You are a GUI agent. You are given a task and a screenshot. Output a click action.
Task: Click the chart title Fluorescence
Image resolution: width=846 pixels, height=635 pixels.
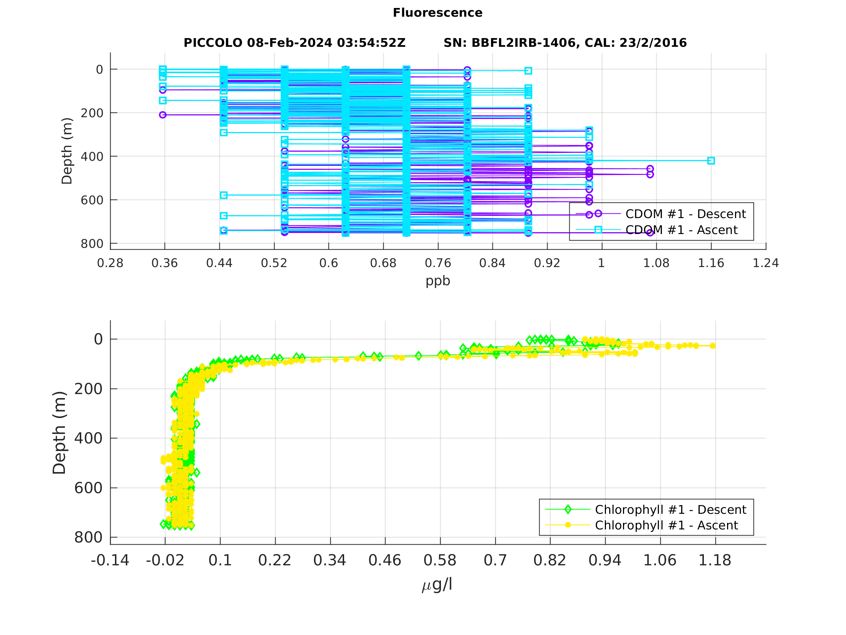point(438,13)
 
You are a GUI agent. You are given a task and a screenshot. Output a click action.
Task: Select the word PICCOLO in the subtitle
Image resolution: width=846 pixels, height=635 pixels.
point(212,43)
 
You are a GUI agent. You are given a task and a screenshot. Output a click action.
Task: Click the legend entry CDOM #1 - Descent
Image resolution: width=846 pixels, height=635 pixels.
point(685,214)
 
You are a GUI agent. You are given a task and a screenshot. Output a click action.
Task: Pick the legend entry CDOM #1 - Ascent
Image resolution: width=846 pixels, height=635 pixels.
point(681,230)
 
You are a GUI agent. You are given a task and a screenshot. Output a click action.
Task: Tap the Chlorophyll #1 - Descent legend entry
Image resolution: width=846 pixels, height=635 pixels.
point(670,510)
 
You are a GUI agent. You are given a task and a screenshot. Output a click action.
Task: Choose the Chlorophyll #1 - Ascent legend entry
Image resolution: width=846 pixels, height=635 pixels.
point(666,525)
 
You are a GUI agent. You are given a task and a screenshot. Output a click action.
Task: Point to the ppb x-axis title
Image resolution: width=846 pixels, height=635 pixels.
point(438,281)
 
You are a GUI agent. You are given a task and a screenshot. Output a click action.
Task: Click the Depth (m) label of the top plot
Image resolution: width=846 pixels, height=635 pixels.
point(67,151)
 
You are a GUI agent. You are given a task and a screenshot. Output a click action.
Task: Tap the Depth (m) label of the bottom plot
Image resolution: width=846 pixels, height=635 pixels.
point(59,433)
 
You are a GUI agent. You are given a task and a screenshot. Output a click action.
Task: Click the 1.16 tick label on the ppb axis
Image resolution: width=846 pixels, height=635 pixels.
point(711,263)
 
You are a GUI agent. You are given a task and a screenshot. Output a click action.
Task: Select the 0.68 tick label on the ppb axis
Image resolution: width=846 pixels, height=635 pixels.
point(383,263)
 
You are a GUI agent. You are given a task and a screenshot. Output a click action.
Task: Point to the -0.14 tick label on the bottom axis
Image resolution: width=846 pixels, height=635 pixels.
point(110,560)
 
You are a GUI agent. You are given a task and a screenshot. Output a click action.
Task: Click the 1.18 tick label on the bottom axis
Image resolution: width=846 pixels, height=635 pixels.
point(714,560)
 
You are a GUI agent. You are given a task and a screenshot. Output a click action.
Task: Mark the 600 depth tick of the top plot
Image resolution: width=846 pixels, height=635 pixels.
point(92,200)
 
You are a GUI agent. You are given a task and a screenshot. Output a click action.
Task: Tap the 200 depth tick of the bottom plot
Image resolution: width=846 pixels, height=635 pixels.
point(88,389)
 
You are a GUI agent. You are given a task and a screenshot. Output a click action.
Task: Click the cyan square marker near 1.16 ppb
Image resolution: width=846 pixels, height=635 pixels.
point(711,161)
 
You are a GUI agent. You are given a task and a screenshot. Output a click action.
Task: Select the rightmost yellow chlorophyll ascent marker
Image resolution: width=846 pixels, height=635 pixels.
point(713,346)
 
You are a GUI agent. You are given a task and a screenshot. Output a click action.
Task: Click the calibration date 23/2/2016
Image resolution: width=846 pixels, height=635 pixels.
point(653,43)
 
